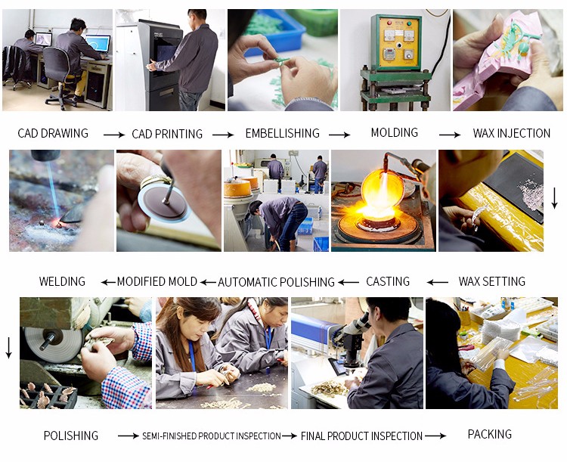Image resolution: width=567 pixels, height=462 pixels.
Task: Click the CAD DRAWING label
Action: tap(53, 133)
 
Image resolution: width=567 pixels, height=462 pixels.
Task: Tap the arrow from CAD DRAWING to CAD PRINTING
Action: tap(114, 135)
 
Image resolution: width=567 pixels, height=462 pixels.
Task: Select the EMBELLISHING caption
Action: tap(283, 133)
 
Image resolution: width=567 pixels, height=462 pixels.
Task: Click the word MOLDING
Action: tap(394, 132)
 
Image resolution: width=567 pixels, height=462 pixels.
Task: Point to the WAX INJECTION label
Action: tap(511, 133)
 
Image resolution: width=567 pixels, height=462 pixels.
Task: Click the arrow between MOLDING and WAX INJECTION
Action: tap(450, 135)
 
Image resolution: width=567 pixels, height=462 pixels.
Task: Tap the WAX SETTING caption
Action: tap(492, 281)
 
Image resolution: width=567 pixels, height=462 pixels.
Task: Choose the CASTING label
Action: tap(388, 281)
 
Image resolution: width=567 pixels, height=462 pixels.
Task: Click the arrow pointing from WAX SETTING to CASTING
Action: tap(438, 282)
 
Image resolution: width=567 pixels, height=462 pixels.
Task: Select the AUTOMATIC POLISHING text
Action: tap(276, 282)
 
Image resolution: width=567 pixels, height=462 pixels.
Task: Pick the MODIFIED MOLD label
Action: tap(157, 281)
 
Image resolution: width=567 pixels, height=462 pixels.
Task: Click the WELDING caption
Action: tap(62, 281)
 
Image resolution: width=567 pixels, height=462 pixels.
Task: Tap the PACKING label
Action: tap(490, 434)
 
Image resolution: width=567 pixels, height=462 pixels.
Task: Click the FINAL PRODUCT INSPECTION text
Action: tap(361, 436)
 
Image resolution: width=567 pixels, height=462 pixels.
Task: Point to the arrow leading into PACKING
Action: tap(435, 436)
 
